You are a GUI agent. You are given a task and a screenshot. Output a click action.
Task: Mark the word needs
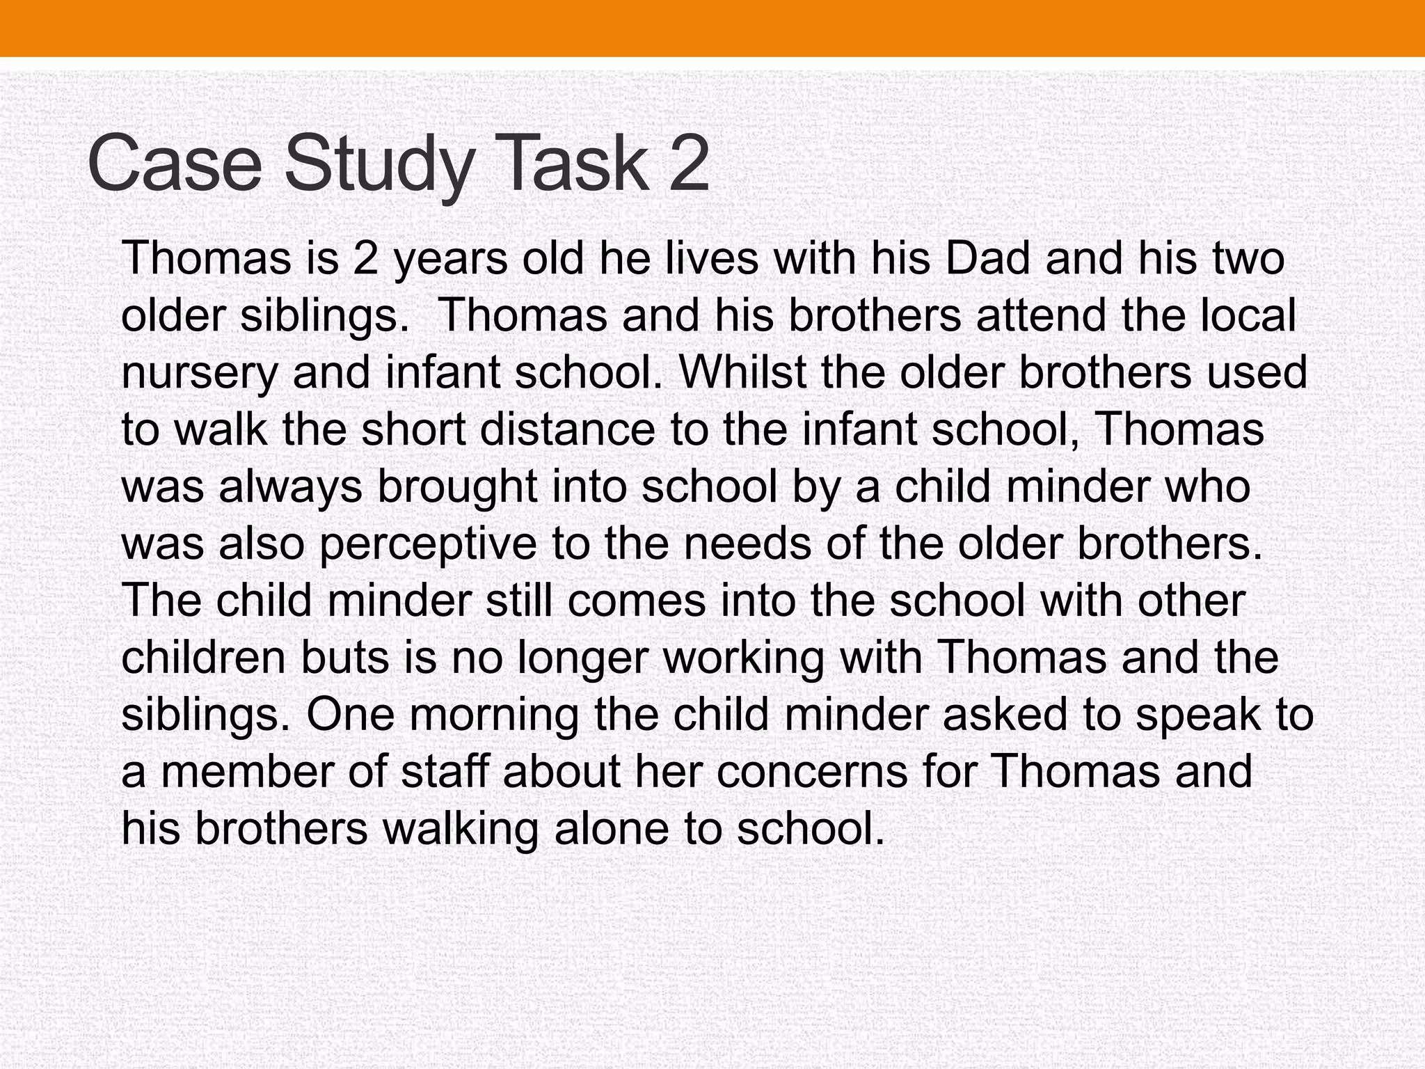pyautogui.click(x=747, y=544)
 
